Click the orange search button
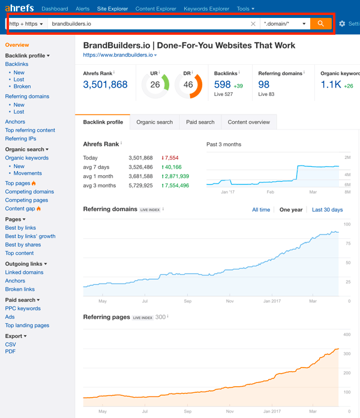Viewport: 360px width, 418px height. [x=320, y=24]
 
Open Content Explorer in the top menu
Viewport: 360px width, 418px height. [x=156, y=9]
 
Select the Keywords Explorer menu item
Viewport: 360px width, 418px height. [x=206, y=9]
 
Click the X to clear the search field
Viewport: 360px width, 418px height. [x=253, y=24]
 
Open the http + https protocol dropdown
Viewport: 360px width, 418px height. [x=26, y=24]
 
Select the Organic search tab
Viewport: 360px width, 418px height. [x=154, y=122]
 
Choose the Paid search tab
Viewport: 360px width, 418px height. [x=200, y=122]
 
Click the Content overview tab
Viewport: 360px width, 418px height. [x=248, y=122]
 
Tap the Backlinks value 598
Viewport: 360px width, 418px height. [x=222, y=85]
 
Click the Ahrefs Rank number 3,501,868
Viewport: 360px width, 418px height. [x=105, y=85]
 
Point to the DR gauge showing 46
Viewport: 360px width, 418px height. [x=188, y=85]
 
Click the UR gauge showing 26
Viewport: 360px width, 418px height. [x=155, y=85]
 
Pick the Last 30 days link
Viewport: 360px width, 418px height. [x=327, y=210]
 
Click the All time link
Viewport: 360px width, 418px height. [x=260, y=210]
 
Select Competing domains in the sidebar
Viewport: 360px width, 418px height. [x=29, y=192]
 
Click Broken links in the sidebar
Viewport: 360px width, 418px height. [x=20, y=290]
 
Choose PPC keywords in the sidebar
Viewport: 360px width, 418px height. [x=23, y=309]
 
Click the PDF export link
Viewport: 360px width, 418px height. [x=10, y=352]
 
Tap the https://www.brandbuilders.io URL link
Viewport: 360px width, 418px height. [x=118, y=55]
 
